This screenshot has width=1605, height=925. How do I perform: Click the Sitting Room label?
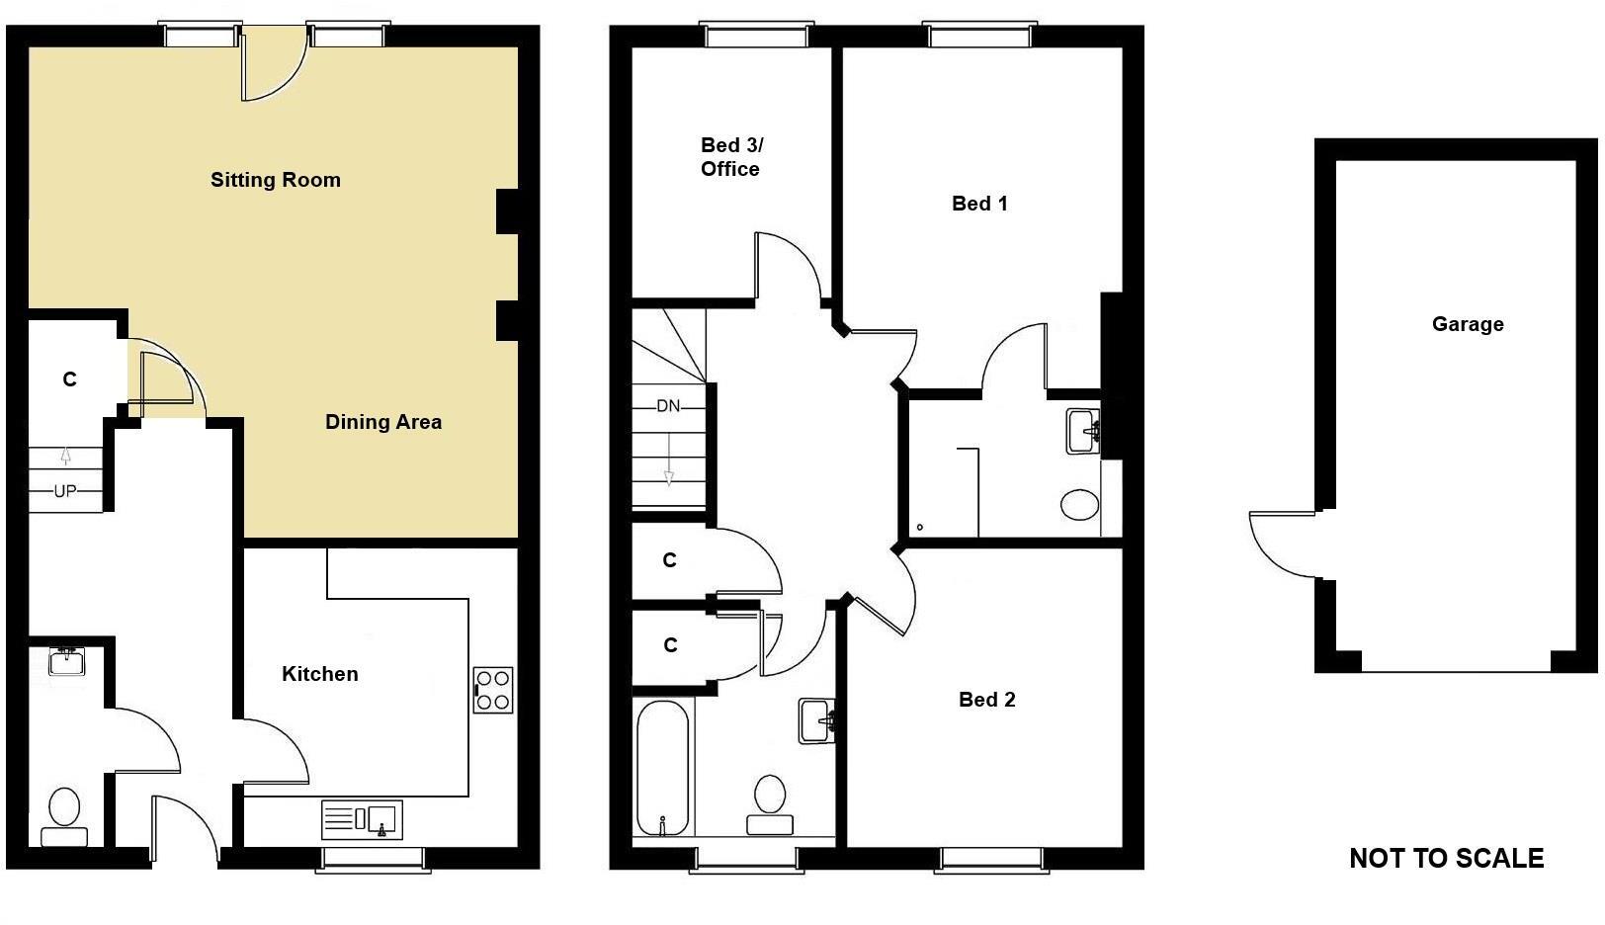(275, 180)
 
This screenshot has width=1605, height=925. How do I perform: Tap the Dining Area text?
(383, 422)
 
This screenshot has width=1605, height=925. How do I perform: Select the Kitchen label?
(319, 674)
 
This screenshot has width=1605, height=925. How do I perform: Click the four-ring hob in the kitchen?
(493, 690)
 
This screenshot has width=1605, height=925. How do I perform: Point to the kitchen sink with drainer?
(361, 819)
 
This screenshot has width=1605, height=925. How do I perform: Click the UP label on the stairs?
(64, 491)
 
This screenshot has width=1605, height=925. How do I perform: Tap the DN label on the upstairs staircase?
(668, 406)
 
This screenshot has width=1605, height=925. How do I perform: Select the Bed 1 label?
(979, 204)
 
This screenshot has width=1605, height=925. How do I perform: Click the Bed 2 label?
(986, 700)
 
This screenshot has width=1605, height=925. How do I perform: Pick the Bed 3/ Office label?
(731, 157)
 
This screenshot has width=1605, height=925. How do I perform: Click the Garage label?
(1468, 324)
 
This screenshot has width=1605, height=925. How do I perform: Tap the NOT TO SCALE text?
(1446, 858)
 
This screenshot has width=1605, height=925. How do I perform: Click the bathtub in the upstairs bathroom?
(662, 768)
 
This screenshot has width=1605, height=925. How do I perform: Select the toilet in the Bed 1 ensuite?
(1079, 505)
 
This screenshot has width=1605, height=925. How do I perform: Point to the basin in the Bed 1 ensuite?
(1084, 431)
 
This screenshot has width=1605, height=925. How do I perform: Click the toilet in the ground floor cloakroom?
(64, 815)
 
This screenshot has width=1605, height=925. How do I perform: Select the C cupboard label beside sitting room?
(69, 379)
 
